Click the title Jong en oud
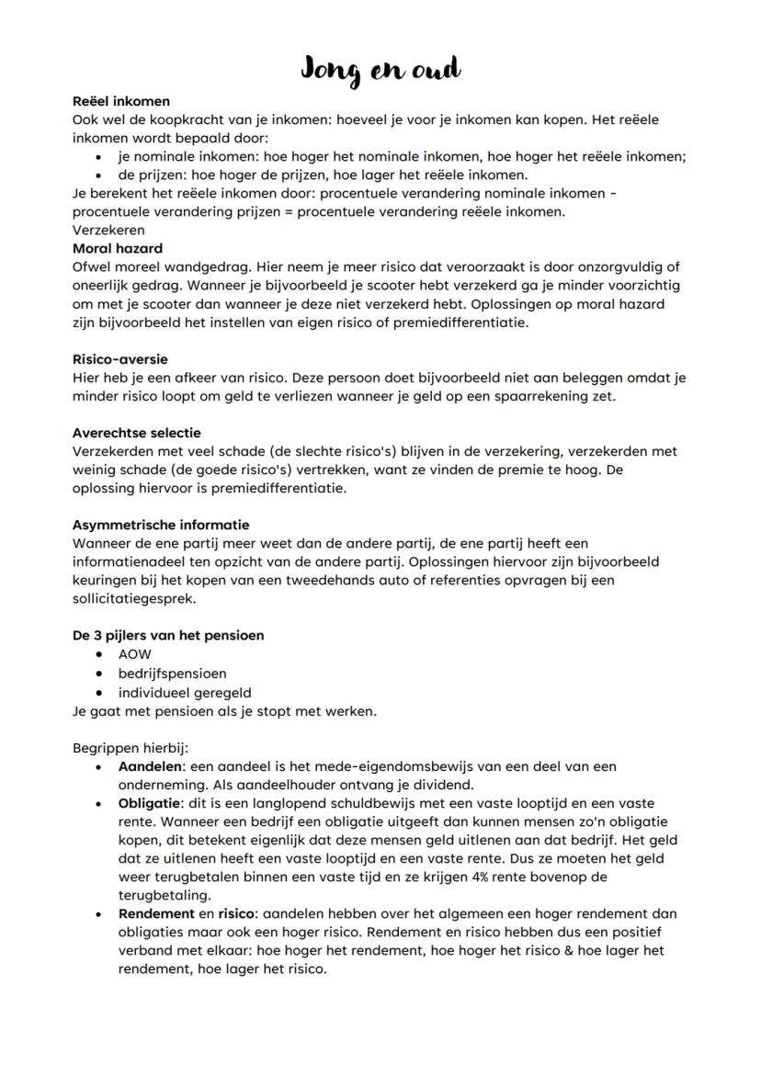coord(380,69)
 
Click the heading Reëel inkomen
coord(120,101)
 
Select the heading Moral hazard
coord(117,248)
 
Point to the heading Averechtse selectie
coord(136,433)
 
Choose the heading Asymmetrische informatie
coord(160,525)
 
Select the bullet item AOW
coord(134,654)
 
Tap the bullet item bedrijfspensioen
coord(172,673)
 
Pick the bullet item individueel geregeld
coord(184,692)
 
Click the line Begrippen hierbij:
coord(130,747)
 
